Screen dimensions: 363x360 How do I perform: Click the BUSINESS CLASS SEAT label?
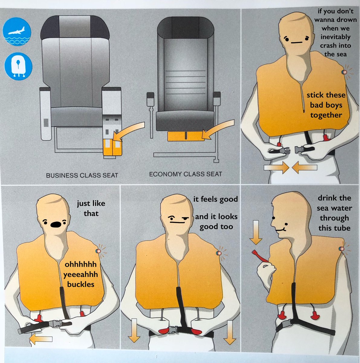(x=82, y=175)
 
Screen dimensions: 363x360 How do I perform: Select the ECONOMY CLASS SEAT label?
(x=185, y=174)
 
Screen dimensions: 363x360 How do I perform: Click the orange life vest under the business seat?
(x=112, y=147)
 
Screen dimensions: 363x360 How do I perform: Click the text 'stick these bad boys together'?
(x=326, y=105)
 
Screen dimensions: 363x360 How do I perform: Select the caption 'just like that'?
(x=91, y=208)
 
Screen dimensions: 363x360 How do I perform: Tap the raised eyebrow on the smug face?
(x=184, y=217)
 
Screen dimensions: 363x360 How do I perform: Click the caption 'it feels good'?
(x=216, y=199)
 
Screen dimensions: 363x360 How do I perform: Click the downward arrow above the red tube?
(x=256, y=232)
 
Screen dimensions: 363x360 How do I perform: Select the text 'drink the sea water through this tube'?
(x=334, y=213)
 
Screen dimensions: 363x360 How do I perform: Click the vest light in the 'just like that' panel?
(x=97, y=251)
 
